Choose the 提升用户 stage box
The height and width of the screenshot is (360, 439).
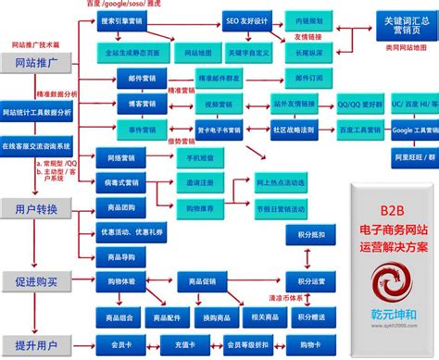(34, 347)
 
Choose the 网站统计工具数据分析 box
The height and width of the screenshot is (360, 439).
(42, 113)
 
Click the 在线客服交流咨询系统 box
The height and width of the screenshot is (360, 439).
(42, 146)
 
